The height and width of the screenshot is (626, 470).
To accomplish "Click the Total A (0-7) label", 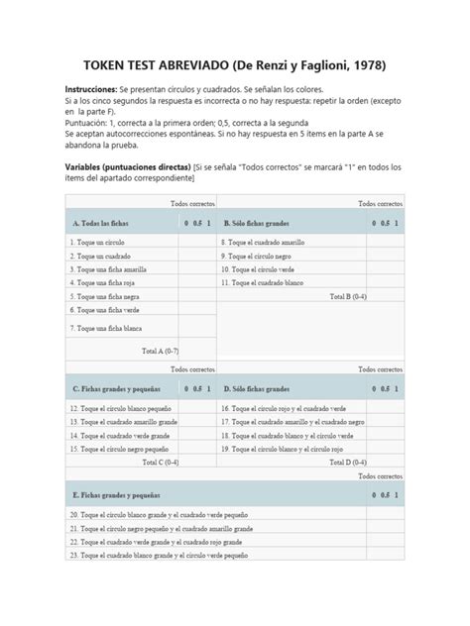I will [160, 350].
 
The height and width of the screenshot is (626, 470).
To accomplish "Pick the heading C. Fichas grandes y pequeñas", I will [116, 389].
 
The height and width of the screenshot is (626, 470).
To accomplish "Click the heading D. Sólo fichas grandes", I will [263, 389].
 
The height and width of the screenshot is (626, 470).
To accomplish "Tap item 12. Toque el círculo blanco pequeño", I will [121, 407].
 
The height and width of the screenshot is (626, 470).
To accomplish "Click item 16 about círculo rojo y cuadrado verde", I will [288, 407].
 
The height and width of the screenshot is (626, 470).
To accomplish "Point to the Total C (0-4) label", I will [160, 462].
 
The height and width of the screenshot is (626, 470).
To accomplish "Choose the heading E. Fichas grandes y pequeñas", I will [116, 493].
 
